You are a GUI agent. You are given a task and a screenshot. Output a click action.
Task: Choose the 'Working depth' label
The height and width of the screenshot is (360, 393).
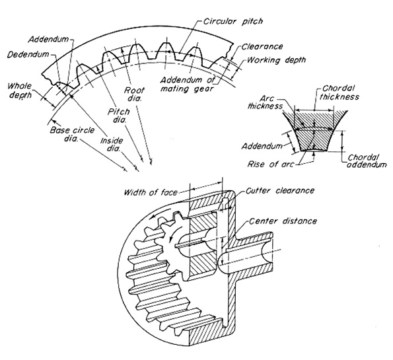(276, 61)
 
